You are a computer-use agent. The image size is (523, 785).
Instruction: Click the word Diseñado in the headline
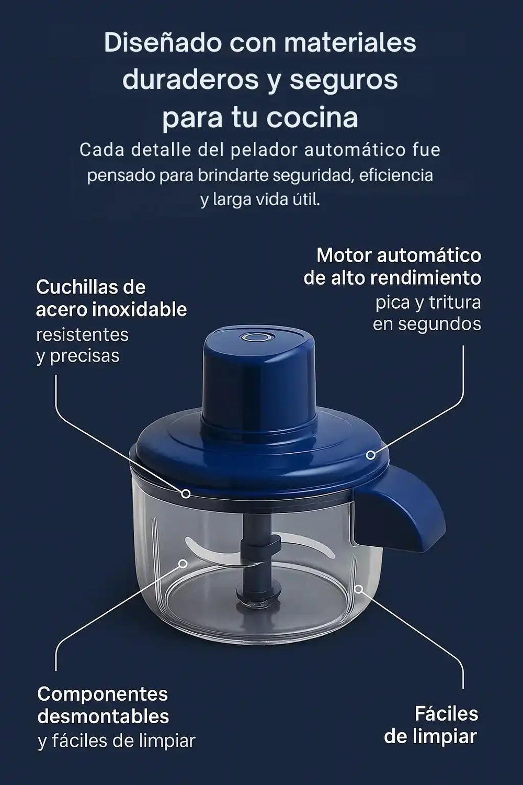tap(162, 43)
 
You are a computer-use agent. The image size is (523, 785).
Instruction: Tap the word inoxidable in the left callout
tap(140, 310)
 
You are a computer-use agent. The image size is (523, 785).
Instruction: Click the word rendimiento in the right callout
tap(426, 278)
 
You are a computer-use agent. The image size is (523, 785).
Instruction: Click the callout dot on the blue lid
tap(371, 455)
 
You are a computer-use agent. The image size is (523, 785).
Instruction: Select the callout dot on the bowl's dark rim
tap(186, 494)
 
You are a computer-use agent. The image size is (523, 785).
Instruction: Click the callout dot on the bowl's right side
tap(358, 589)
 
